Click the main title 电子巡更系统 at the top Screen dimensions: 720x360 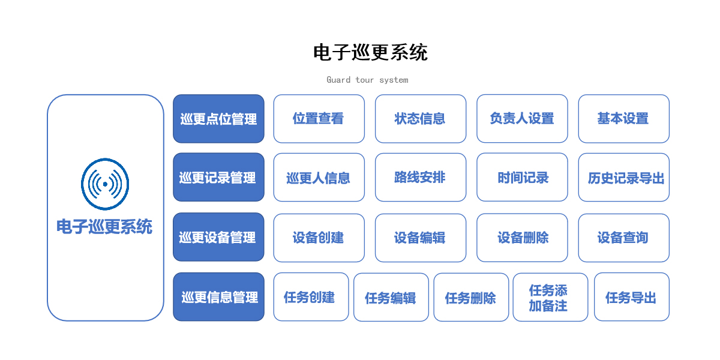(370, 52)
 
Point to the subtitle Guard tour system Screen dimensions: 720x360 (367, 80)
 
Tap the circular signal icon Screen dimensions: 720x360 (105, 184)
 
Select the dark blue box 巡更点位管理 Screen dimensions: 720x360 (218, 119)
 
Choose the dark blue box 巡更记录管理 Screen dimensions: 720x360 (218, 177)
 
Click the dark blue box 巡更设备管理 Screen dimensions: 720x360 (218, 237)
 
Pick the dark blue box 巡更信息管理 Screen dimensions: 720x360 (218, 296)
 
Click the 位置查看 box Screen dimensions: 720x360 (319, 119)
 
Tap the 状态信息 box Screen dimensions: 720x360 (421, 119)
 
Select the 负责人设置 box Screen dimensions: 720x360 (522, 119)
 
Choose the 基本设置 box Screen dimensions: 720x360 (623, 119)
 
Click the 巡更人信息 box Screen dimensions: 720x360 (319, 177)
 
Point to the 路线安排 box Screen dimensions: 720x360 (421, 177)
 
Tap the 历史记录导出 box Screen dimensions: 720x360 (623, 177)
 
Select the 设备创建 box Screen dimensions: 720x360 (319, 238)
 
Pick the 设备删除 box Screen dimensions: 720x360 (522, 238)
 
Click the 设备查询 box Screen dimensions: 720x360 (623, 238)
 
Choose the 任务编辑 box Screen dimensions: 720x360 (391, 297)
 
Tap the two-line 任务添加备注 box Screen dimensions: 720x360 (550, 297)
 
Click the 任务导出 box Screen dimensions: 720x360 (632, 296)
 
